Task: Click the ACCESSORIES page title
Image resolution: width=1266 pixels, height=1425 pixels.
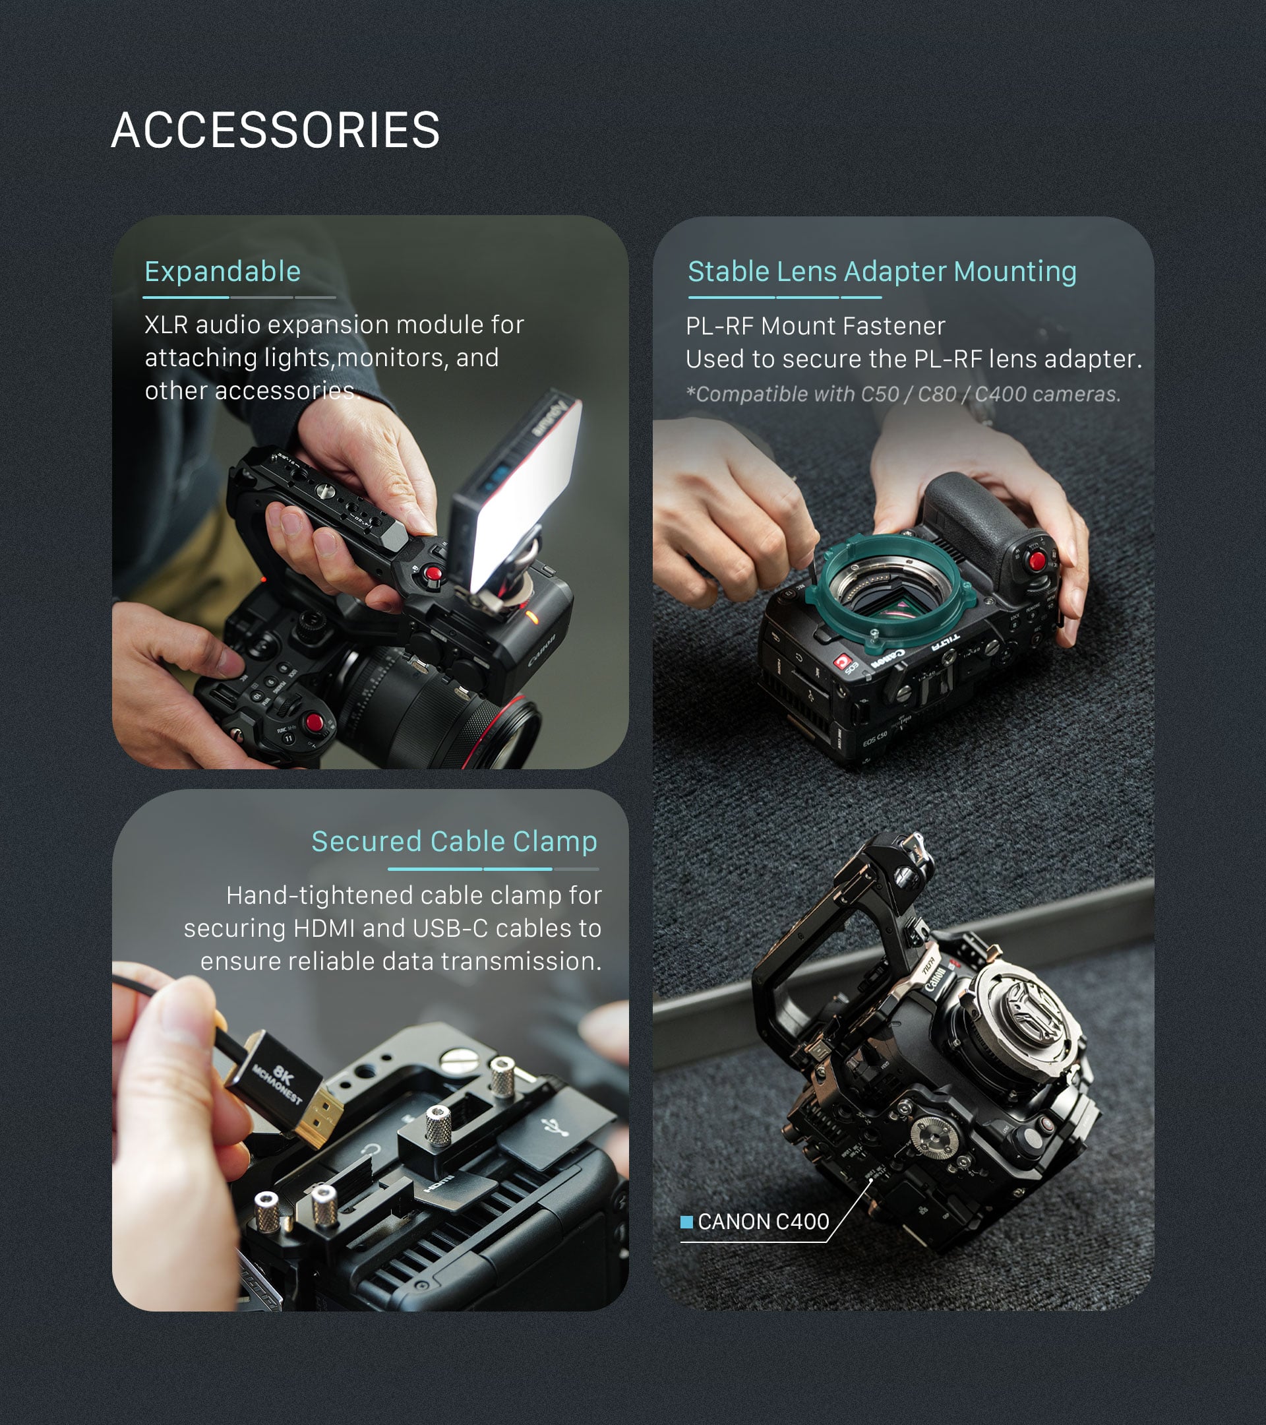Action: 275,131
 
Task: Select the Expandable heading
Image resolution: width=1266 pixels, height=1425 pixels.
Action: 222,271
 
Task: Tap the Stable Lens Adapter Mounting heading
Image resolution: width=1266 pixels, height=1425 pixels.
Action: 882,271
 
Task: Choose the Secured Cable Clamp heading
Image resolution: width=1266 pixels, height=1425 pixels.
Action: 454,841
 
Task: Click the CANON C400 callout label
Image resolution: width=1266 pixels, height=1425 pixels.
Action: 763,1221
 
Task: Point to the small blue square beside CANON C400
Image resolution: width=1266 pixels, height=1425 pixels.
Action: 686,1221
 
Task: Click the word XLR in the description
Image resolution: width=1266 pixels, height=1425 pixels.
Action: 166,325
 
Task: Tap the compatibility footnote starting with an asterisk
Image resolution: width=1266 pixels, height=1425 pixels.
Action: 903,394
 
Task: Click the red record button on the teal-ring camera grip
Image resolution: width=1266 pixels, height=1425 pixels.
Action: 1037,560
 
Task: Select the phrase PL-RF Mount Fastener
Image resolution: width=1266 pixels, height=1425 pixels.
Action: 815,326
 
